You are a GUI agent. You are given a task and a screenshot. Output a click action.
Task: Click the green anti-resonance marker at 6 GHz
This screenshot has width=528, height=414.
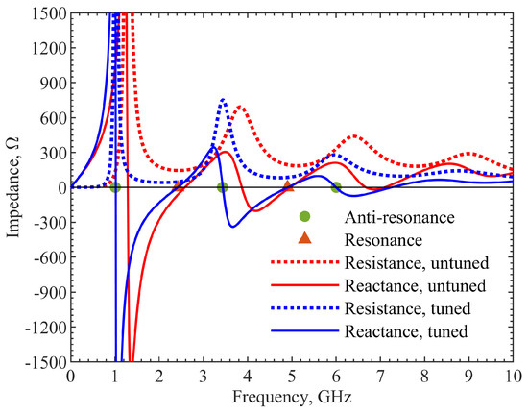pyautogui.click(x=336, y=187)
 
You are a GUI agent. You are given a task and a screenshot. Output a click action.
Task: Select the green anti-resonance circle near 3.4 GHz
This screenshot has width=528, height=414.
pyautogui.click(x=222, y=187)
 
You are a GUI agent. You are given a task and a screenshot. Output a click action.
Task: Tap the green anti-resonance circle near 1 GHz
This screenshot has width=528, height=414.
pyautogui.click(x=115, y=187)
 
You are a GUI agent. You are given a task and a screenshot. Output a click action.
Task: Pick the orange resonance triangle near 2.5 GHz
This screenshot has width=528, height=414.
pyautogui.click(x=180, y=186)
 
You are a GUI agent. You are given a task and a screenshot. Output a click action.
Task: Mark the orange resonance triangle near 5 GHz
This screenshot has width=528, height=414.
pyautogui.click(x=289, y=186)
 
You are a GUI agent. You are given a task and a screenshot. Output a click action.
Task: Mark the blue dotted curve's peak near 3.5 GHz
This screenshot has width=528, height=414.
pyautogui.click(x=223, y=99)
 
